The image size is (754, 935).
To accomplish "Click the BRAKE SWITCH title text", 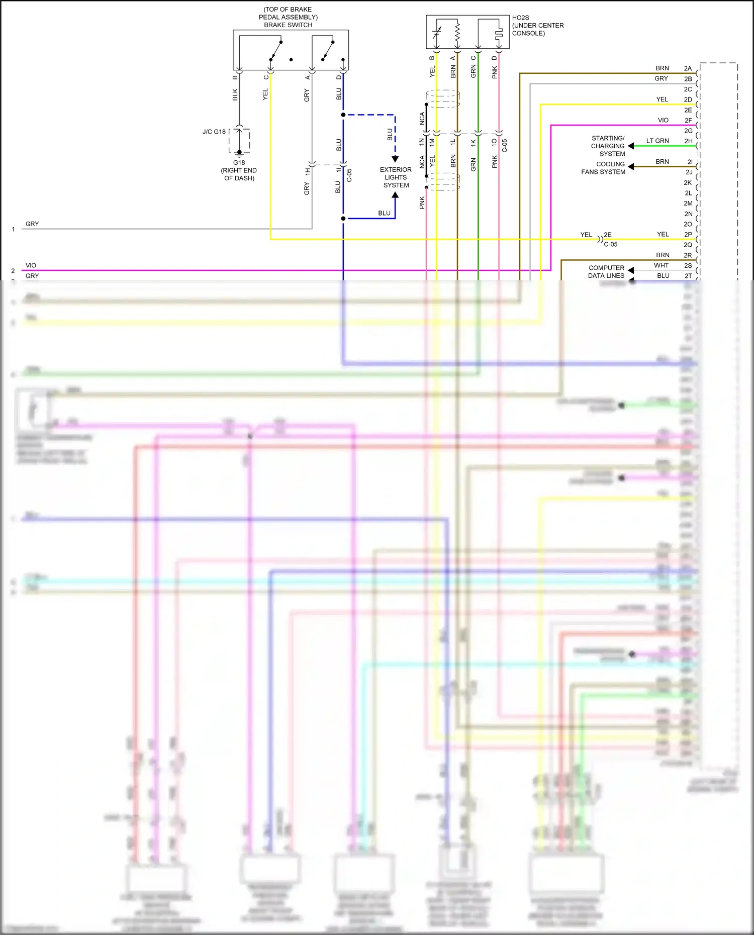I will pyautogui.click(x=288, y=25).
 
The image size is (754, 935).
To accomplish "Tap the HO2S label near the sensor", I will pyautogui.click(x=521, y=18).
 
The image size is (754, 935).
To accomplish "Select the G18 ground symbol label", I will pyautogui.click(x=239, y=163).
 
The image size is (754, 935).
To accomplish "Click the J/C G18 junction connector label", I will pyautogui.click(x=214, y=132).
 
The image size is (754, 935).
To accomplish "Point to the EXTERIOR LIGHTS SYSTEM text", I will pyautogui.click(x=396, y=177).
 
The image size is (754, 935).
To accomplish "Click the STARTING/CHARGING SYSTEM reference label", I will pyautogui.click(x=608, y=146).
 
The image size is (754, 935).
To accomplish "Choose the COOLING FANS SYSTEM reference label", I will pyautogui.click(x=603, y=168).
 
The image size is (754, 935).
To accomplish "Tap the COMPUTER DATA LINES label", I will pyautogui.click(x=606, y=272).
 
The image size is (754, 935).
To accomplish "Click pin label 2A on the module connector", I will pyautogui.click(x=688, y=68).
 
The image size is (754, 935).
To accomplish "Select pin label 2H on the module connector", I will pyautogui.click(x=688, y=141).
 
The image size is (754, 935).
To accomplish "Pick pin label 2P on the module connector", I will pyautogui.click(x=688, y=235).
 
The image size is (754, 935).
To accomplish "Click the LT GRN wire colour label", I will pyautogui.click(x=657, y=141).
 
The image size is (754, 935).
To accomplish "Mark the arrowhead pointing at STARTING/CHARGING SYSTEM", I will pyautogui.click(x=631, y=146).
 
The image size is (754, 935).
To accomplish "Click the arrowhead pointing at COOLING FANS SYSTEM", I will pyautogui.click(x=631, y=167).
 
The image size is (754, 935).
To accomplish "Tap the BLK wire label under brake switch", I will pyautogui.click(x=235, y=94).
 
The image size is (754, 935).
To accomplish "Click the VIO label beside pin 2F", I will pyautogui.click(x=663, y=121).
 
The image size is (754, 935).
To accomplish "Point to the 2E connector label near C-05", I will pyautogui.click(x=608, y=235).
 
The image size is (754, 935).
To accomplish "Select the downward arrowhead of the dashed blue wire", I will pyautogui.click(x=395, y=159).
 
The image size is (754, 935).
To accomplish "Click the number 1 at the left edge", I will pyautogui.click(x=13, y=229).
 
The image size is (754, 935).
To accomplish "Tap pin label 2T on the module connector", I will pyautogui.click(x=688, y=276).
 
